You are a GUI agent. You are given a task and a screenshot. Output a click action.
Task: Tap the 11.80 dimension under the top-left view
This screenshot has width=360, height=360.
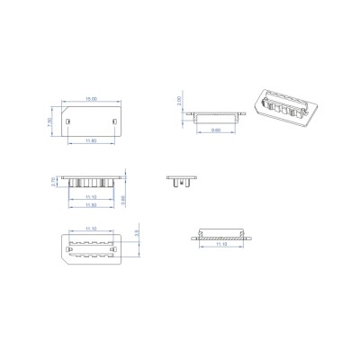(x=90, y=141)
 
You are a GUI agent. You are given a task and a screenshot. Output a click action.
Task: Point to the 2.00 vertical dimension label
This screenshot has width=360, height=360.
(x=180, y=101)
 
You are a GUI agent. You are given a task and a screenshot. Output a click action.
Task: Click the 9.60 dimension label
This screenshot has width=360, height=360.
(x=216, y=130)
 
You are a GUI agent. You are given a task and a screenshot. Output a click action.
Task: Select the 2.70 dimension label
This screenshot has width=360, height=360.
(x=54, y=182)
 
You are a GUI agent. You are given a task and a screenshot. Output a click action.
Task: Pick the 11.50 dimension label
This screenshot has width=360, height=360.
(x=89, y=206)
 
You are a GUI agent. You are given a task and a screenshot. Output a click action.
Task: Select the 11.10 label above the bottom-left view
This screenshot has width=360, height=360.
(x=90, y=229)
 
